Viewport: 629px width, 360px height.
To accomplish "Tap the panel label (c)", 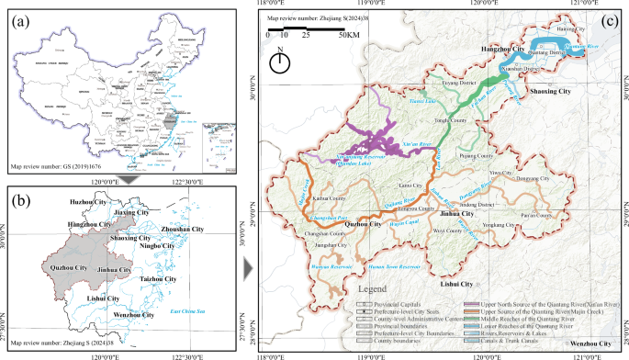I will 607,20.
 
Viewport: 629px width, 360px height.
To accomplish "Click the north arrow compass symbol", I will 282,62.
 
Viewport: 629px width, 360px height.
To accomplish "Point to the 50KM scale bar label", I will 348,36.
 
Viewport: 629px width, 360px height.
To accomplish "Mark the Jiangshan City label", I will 331,244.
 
